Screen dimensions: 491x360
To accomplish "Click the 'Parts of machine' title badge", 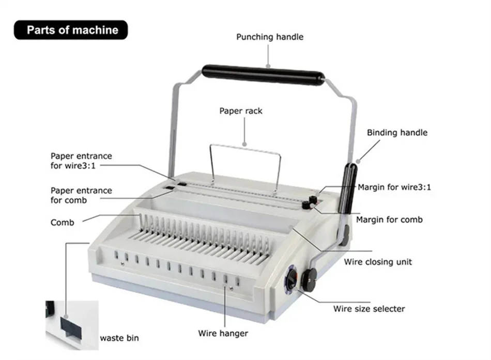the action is (x=71, y=30).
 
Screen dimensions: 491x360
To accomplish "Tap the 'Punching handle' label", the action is (x=270, y=37).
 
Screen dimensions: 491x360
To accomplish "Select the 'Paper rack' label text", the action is (x=241, y=111).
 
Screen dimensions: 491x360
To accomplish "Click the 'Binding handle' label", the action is (x=397, y=133).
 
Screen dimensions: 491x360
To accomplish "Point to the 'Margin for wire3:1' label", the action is (x=394, y=187).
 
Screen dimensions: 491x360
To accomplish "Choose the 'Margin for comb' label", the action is (x=389, y=220).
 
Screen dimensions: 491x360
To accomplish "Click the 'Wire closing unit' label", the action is (x=378, y=262).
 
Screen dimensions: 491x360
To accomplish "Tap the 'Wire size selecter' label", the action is (x=369, y=309).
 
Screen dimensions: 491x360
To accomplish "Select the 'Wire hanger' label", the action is (x=223, y=333).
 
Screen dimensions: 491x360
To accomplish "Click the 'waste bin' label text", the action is (x=119, y=338).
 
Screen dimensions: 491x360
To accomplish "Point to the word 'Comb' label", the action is (x=63, y=223).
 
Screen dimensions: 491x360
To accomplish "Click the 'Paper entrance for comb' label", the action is (x=81, y=195).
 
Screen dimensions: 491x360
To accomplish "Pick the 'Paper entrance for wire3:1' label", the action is (x=81, y=161).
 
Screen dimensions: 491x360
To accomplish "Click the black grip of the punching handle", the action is (x=263, y=75).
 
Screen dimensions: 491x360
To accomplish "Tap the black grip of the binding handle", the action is (x=348, y=189).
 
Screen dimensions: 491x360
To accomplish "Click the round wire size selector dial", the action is (x=291, y=278).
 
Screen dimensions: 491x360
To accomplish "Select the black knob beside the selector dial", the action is (x=309, y=279).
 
